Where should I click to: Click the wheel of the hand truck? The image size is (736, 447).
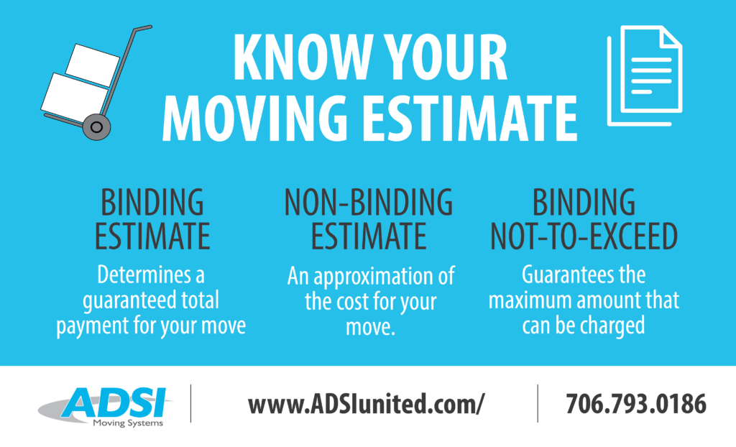(x=96, y=129)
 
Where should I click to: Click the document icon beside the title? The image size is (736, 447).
(x=645, y=75)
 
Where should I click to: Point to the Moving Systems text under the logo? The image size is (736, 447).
(x=127, y=423)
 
